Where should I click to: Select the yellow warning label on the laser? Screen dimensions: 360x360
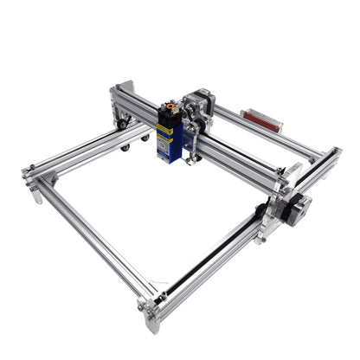164,129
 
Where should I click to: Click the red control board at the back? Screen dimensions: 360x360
260,119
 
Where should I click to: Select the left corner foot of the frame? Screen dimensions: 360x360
35,192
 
